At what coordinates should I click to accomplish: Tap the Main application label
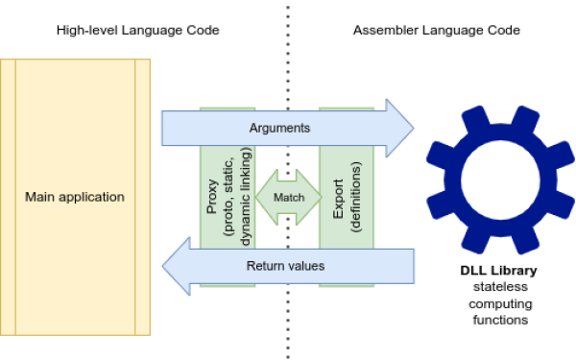(75, 197)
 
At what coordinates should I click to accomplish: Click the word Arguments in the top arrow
(280, 127)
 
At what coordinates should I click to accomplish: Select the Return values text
(286, 265)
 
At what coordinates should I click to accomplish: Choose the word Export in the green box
(338, 196)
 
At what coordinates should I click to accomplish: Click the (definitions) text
(356, 196)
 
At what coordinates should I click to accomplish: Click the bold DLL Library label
(498, 272)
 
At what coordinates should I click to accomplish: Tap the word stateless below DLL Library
(498, 288)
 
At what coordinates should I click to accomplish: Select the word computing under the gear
(498, 304)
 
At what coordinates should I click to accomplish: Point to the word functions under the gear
(498, 321)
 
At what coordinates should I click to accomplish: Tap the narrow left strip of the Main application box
(8, 197)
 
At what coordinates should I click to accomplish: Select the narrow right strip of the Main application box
(142, 197)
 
